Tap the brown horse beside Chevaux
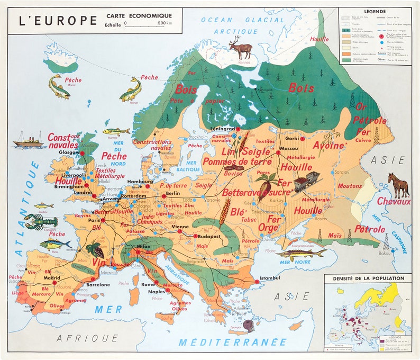pyautogui.click(x=398, y=185)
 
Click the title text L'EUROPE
pyautogui.click(x=58, y=21)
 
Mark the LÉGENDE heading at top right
pyautogui.click(x=375, y=11)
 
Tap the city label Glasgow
pyautogui.click(x=69, y=151)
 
